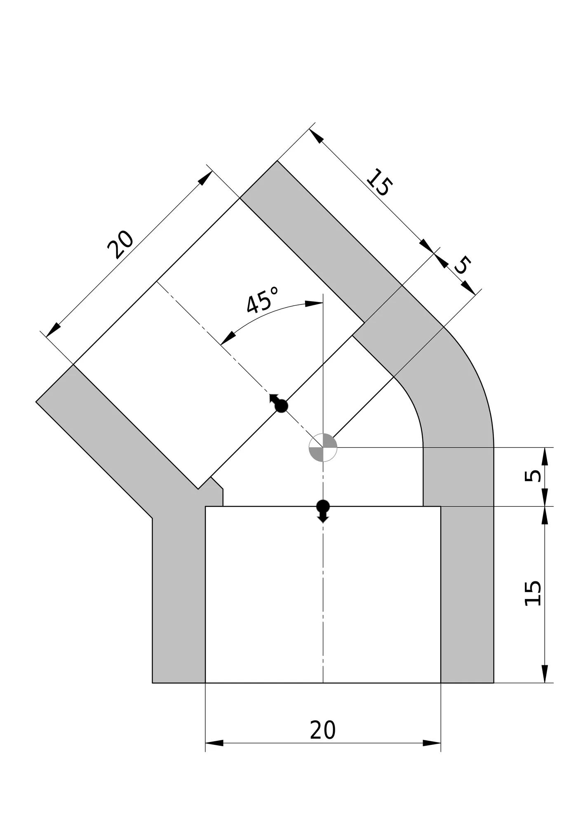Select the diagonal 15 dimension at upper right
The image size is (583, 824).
(378, 182)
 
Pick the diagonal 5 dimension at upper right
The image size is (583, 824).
(463, 265)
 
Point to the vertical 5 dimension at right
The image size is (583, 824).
(533, 476)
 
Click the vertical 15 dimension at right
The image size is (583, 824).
(533, 593)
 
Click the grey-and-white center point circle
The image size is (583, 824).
(323, 447)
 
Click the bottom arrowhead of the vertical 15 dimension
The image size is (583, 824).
(545, 674)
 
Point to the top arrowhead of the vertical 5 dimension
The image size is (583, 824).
(545, 456)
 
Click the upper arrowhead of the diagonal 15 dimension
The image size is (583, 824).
(316, 136)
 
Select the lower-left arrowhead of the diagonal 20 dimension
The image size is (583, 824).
(53, 330)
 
